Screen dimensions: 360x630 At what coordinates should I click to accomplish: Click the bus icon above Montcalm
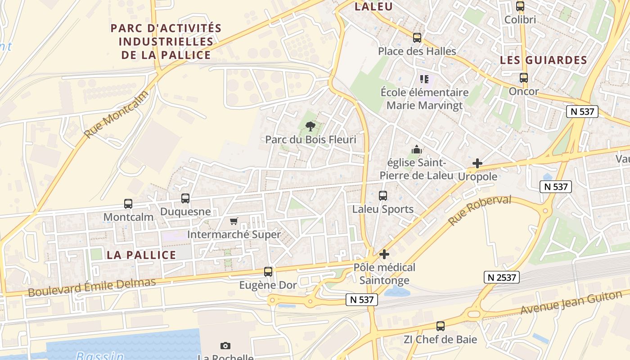(x=128, y=204)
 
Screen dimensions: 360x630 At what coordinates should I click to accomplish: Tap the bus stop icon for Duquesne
(x=185, y=198)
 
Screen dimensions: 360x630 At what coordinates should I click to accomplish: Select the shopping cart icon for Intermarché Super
(x=234, y=221)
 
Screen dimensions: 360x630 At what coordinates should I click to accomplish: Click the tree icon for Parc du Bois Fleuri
(x=310, y=126)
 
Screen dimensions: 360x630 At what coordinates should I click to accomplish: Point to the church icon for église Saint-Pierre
(x=417, y=149)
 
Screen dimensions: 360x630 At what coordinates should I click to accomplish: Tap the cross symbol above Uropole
(x=477, y=163)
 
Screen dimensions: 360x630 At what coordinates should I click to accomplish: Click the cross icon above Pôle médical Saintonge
(x=384, y=254)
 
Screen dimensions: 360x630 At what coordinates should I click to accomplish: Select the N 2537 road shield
(x=502, y=277)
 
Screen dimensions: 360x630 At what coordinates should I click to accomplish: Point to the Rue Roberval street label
(x=480, y=210)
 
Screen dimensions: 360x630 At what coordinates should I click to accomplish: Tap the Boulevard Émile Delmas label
(x=92, y=287)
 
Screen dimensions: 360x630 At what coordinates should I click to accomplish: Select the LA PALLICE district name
(x=141, y=255)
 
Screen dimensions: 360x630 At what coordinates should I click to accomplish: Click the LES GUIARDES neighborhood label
(x=544, y=60)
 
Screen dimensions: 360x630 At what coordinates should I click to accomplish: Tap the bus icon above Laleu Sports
(x=383, y=196)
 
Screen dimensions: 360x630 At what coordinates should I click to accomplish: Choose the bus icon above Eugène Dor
(x=268, y=272)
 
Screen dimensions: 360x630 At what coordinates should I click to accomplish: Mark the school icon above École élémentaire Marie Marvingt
(x=424, y=80)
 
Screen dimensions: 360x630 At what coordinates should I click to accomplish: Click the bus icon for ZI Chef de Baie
(x=441, y=326)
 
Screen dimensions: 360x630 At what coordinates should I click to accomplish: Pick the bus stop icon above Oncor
(x=523, y=78)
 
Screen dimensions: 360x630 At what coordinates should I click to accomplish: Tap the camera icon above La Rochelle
(x=225, y=346)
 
